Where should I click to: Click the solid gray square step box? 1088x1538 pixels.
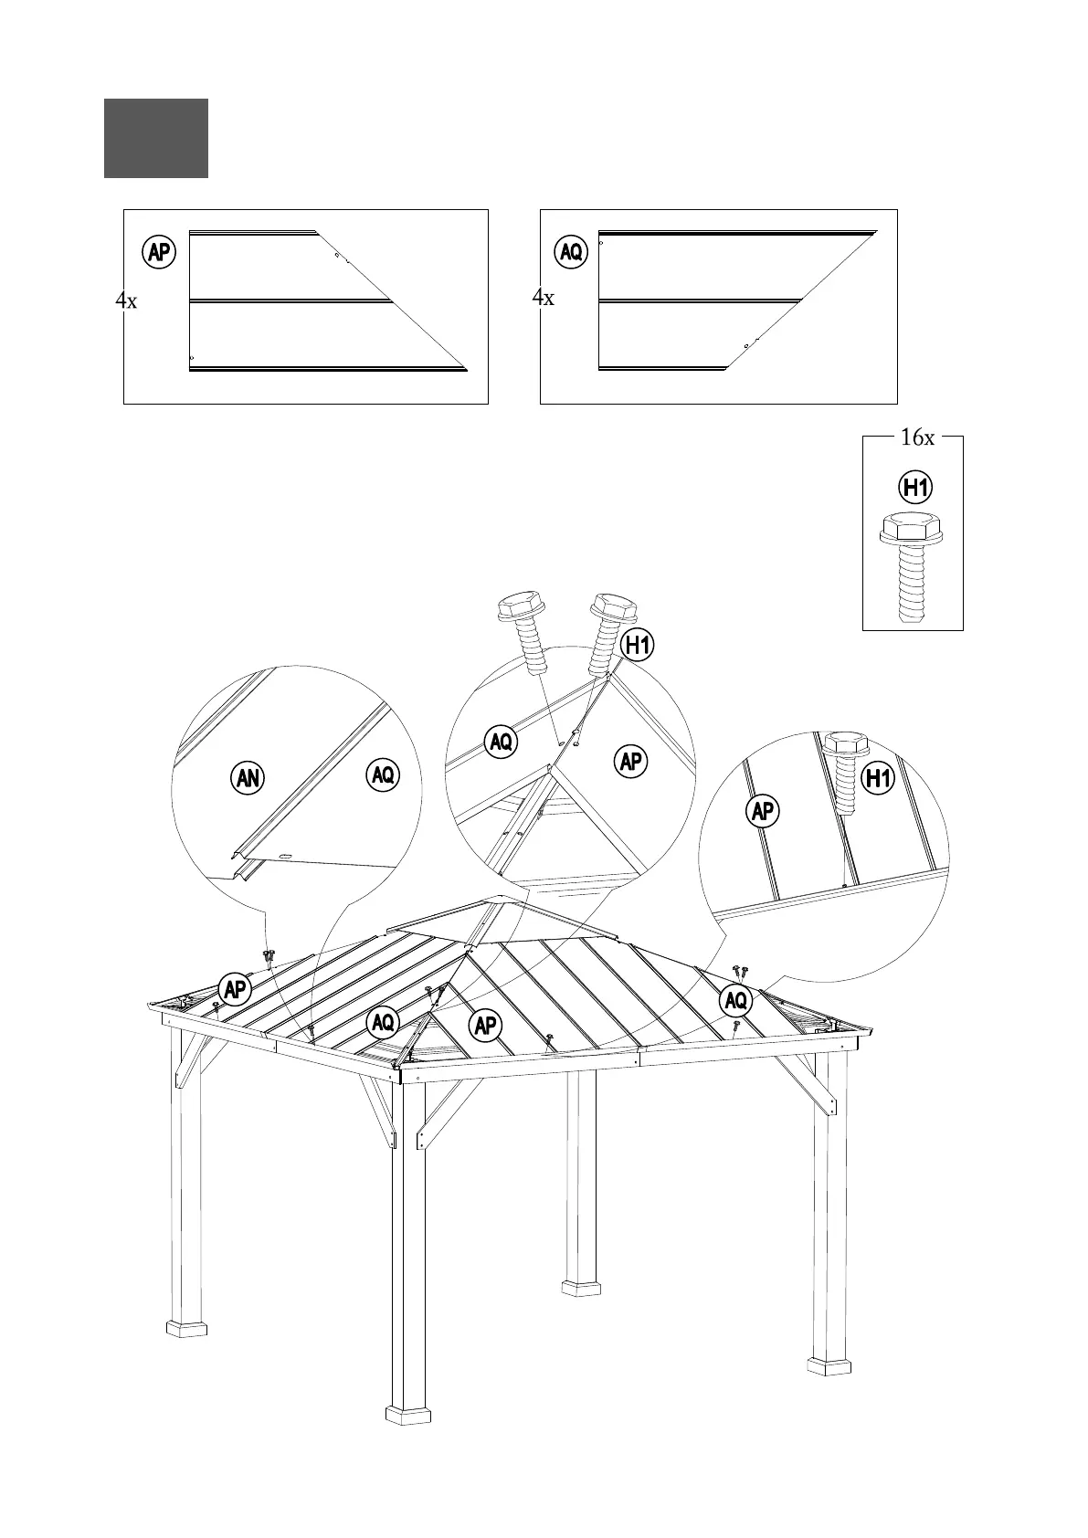155,138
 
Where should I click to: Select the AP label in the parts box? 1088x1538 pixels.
160,252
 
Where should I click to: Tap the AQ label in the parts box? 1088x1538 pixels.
571,252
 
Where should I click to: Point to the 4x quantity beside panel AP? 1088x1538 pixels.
126,300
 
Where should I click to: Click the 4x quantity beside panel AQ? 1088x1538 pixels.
543,298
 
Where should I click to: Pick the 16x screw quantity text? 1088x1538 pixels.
917,438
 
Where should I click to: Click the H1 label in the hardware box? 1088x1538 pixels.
916,488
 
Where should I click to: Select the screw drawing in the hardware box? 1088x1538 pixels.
911,567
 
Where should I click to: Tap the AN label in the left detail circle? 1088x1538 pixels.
248,778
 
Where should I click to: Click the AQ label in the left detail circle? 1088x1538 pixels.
383,775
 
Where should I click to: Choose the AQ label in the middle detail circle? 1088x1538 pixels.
501,742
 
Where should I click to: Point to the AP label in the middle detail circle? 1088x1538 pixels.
630,761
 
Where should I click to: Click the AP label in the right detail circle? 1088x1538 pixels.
763,810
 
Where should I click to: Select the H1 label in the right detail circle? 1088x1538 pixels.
878,779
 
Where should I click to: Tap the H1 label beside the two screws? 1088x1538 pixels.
638,646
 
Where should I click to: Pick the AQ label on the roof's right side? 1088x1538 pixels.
735,1001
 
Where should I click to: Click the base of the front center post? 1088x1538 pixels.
407,1439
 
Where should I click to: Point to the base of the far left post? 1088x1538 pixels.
186,1326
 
